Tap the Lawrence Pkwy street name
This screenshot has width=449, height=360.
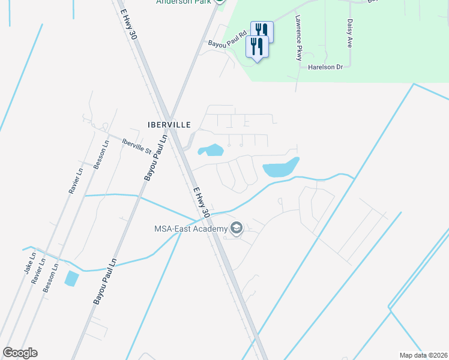pos(298,38)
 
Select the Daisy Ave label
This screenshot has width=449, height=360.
pos(349,33)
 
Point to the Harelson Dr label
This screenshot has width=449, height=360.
pos(325,67)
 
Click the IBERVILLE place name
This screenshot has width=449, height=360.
pos(169,125)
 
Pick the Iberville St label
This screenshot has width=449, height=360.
pos(136,146)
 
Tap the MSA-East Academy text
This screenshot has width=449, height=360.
pos(190,229)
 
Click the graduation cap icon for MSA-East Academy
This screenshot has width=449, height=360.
pos(236,228)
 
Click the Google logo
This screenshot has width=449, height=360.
pos(20,353)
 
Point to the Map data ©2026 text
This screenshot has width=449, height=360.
pos(423,355)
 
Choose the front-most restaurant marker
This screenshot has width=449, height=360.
pos(258,46)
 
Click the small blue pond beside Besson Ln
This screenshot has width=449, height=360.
pos(71,278)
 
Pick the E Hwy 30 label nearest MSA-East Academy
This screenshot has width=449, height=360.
pos(201,203)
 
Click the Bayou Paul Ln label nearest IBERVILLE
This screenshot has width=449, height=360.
pos(155,158)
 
